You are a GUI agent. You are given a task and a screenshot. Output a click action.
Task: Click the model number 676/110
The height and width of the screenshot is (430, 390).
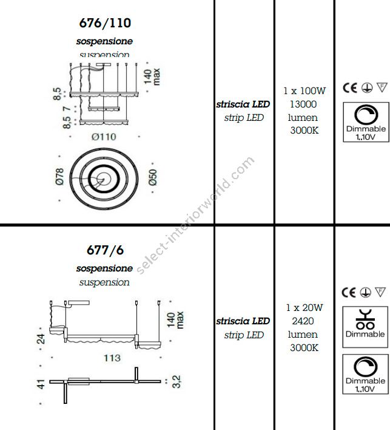(x=105, y=24)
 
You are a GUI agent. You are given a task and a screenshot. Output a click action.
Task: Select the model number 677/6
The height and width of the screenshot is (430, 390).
(x=105, y=250)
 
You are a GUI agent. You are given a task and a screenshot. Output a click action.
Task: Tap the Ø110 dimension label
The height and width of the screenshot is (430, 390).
(x=104, y=137)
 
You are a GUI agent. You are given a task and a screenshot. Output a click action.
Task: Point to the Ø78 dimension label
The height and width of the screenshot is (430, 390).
(x=59, y=176)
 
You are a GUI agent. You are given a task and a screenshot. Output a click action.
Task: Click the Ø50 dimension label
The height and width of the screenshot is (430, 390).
(x=152, y=176)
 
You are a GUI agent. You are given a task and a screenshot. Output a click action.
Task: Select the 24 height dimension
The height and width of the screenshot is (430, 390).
(x=41, y=337)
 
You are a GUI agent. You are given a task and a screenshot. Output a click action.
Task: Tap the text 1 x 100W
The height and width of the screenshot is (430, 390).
(x=304, y=91)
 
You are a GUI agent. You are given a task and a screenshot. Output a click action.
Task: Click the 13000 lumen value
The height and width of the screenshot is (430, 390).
(x=304, y=104)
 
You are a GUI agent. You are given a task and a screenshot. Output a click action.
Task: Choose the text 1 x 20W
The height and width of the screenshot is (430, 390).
(x=304, y=307)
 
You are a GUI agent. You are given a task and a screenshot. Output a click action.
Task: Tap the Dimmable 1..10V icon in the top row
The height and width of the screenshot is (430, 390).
(x=365, y=121)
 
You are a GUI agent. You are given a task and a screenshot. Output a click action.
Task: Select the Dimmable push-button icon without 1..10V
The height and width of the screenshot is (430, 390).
(x=365, y=322)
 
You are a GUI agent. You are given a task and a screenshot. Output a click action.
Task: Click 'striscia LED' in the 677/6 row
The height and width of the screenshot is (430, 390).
(x=243, y=321)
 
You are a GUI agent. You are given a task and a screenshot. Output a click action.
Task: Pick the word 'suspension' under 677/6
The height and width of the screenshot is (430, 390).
(x=104, y=282)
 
